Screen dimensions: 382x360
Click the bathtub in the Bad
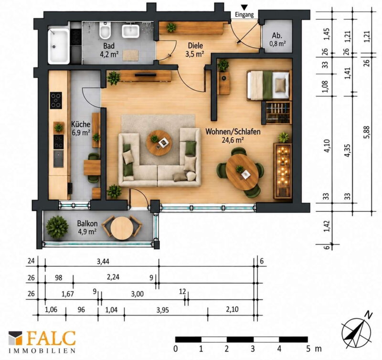pos(58,46)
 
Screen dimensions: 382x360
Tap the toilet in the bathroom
pos(105,30)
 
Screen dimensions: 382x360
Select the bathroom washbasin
pos(130,31)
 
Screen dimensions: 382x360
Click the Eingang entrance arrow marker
pos(244,8)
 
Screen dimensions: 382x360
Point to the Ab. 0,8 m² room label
pos(277,39)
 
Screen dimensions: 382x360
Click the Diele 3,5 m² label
pos(195,50)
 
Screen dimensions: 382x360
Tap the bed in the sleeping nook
pos(269,85)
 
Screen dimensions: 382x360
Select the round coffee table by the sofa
pos(159,143)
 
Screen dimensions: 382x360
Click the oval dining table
pos(242,172)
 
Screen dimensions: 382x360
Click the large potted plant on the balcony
pos(57,227)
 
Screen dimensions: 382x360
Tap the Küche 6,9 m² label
pos(81,128)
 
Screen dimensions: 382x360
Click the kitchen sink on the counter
pos(58,159)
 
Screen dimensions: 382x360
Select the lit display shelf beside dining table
pos(283,171)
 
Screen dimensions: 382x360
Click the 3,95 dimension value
pos(163,310)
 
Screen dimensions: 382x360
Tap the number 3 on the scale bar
pos(253,349)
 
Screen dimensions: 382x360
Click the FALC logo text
pos(51,338)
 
